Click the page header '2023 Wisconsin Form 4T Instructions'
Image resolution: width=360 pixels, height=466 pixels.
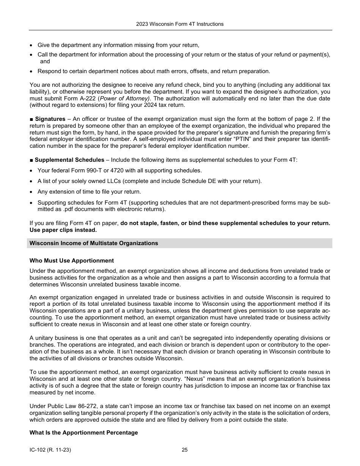pyautogui.click(x=180, y=24)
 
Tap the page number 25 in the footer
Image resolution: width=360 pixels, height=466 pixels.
pyautogui.click(x=185, y=450)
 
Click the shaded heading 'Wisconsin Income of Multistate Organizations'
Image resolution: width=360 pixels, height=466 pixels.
pyautogui.click(x=94, y=243)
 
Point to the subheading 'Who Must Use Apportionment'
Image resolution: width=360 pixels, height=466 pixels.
pyautogui.click(x=72, y=261)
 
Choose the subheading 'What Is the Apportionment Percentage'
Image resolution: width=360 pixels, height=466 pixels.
pyautogui.click(x=84, y=433)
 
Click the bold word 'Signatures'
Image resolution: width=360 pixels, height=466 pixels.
pyautogui.click(x=50, y=119)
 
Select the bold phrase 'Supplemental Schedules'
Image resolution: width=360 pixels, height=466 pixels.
pyautogui.click(x=69, y=160)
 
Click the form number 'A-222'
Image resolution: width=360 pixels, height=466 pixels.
pyautogui.click(x=88, y=99)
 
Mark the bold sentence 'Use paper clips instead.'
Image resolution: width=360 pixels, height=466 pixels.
pyautogui.click(x=63, y=230)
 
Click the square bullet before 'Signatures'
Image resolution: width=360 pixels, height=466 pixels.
pyautogui.click(x=31, y=119)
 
